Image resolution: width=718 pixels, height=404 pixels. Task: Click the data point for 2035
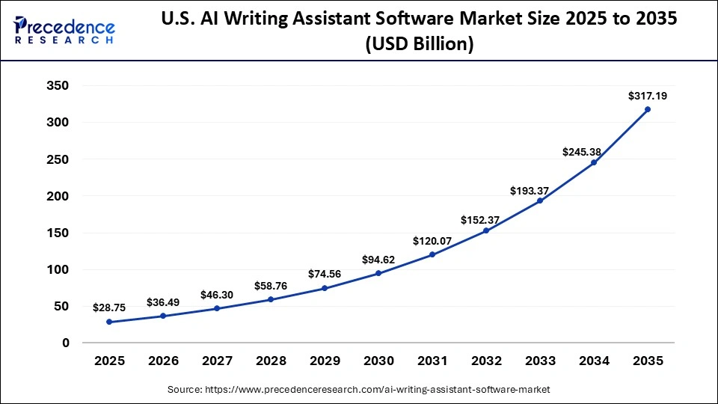pos(648,109)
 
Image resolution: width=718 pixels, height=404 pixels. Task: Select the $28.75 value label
pos(109,307)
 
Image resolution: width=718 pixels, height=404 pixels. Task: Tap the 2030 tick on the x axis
pos(378,361)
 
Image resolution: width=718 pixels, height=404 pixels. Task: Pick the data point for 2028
pos(271,299)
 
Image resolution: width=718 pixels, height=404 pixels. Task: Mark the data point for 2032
pos(486,230)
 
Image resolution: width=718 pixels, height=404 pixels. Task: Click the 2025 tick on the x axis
pos(109,361)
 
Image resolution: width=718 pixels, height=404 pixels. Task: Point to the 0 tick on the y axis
pos(65,343)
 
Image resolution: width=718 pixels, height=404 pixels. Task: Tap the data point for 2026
pos(163,316)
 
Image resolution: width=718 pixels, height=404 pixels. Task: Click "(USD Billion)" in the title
pos(419,45)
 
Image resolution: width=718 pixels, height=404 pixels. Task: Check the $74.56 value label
pos(325,275)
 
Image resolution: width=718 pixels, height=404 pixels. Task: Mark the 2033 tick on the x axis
pos(540,361)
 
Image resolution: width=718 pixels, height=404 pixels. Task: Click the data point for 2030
pos(378,273)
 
